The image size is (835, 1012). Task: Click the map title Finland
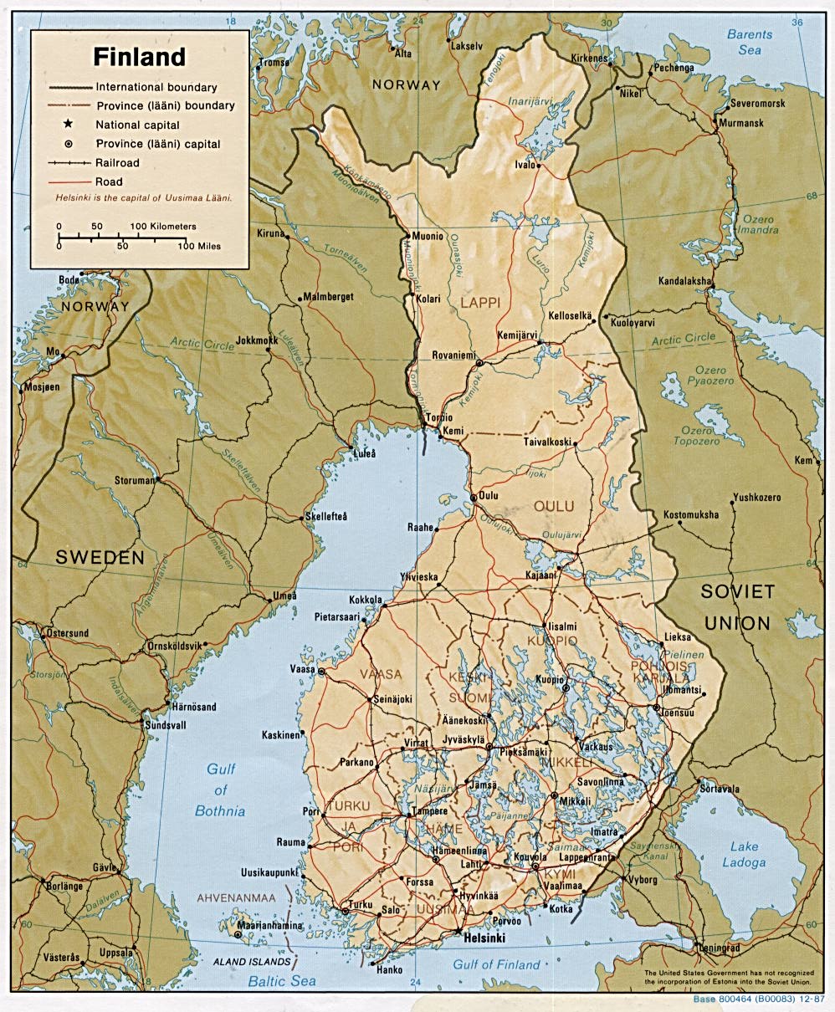pyautogui.click(x=139, y=58)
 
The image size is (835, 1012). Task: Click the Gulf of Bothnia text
pyautogui.click(x=220, y=790)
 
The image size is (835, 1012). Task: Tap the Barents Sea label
pyautogui.click(x=750, y=42)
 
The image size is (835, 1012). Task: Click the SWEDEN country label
pyautogui.click(x=100, y=558)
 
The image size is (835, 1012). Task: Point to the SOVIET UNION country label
pyautogui.click(x=737, y=607)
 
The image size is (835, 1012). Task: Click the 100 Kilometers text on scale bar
pyautogui.click(x=163, y=226)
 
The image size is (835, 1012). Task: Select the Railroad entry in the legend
pyautogui.click(x=118, y=163)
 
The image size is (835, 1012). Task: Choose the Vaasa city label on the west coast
pyautogui.click(x=302, y=670)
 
